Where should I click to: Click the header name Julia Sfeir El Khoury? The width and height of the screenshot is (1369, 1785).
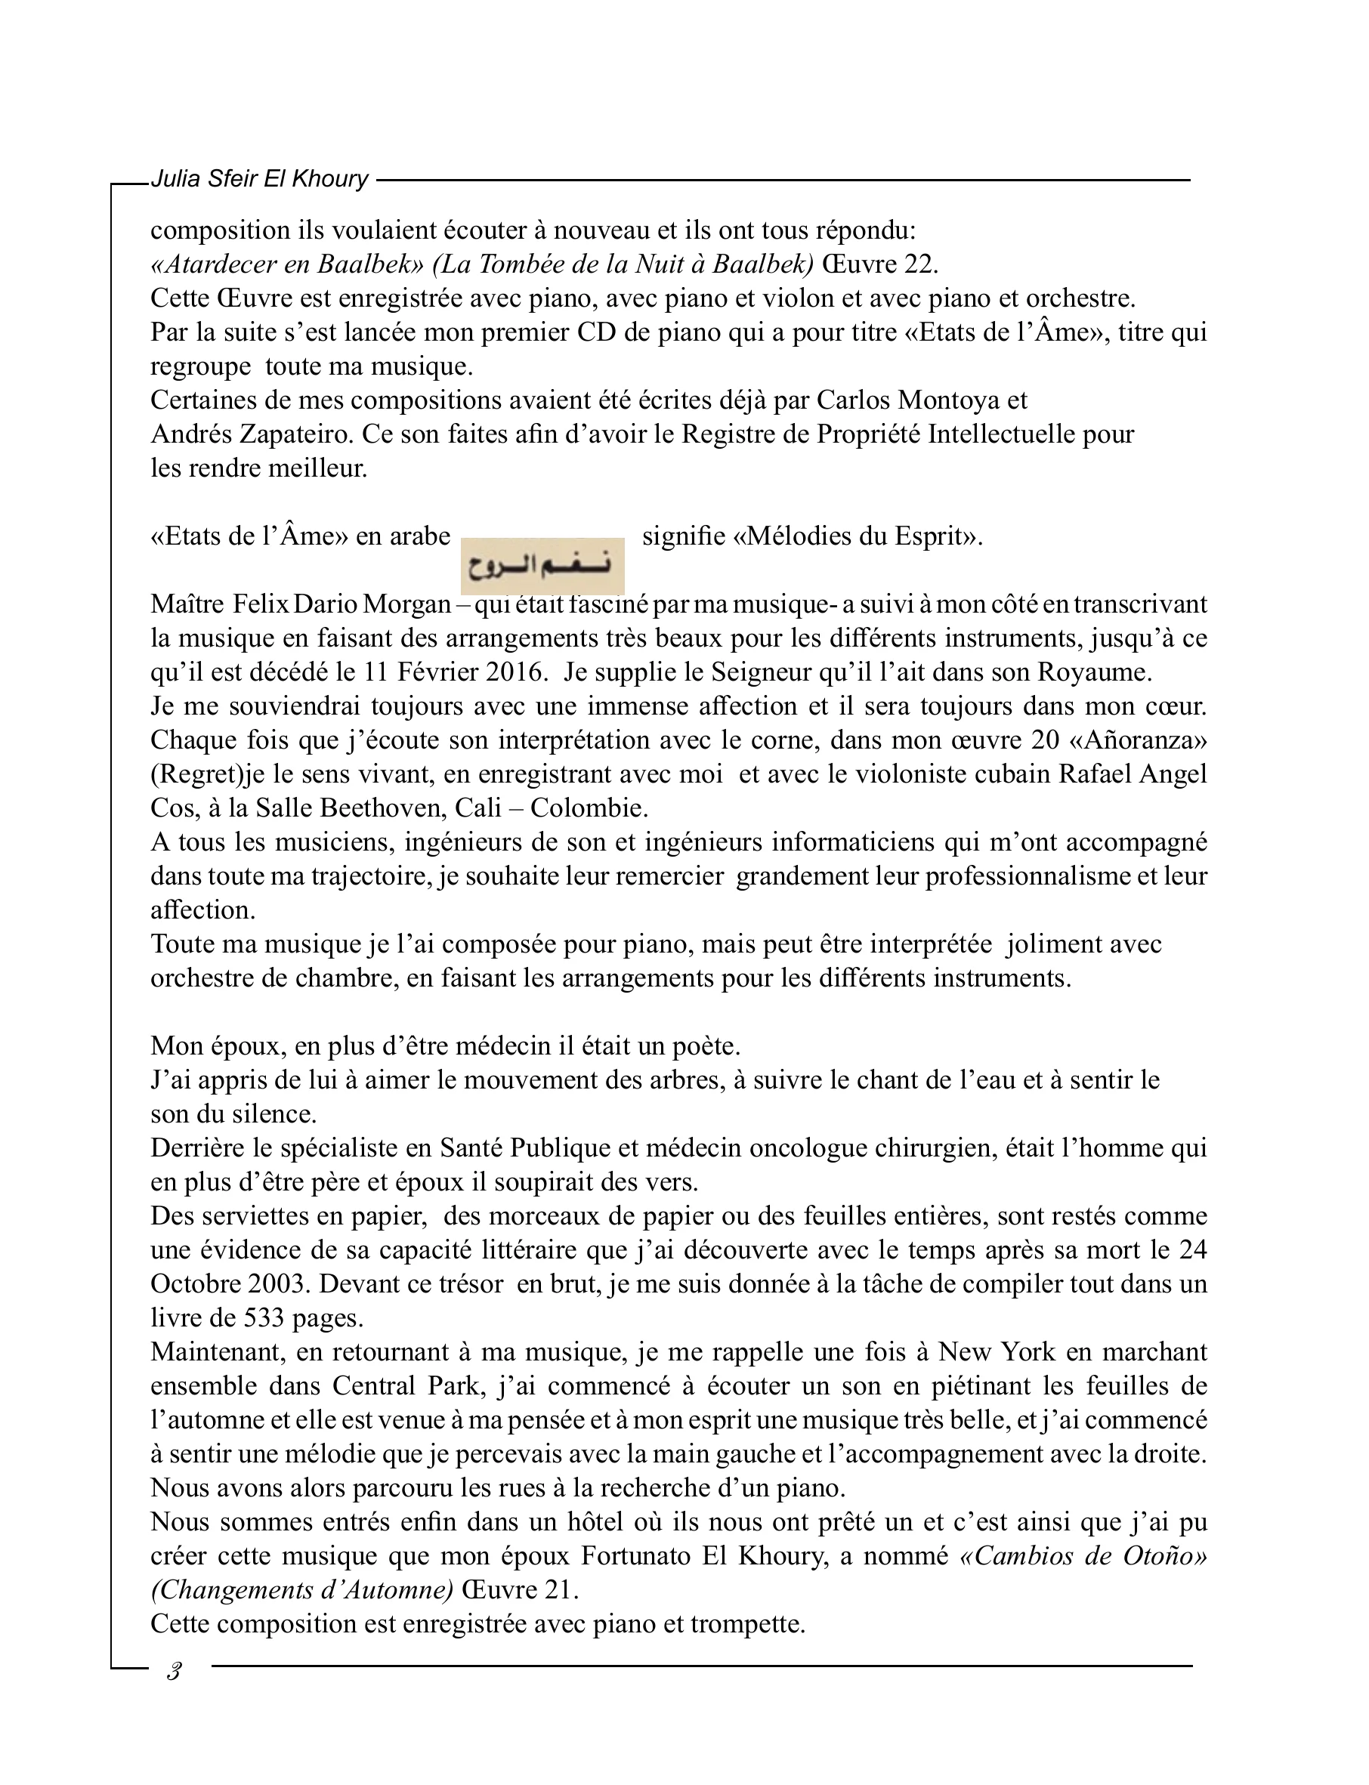(259, 178)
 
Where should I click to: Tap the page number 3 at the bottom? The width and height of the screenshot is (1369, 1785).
(173, 1672)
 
